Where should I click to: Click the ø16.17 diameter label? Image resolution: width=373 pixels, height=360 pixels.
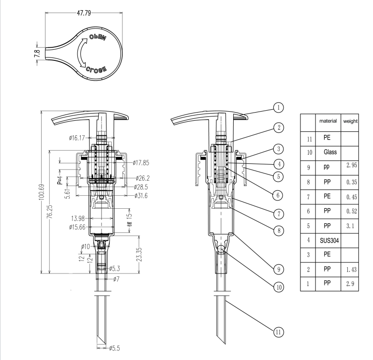(78, 138)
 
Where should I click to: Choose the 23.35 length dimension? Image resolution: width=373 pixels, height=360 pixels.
(139, 255)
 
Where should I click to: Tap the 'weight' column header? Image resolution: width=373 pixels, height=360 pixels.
(349, 121)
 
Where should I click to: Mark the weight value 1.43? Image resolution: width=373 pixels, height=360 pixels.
(349, 268)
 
